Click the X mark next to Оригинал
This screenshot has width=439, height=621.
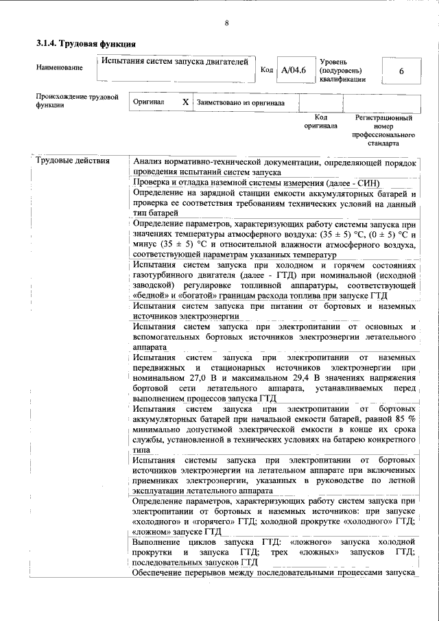(x=185, y=102)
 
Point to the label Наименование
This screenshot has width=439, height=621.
(x=60, y=67)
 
